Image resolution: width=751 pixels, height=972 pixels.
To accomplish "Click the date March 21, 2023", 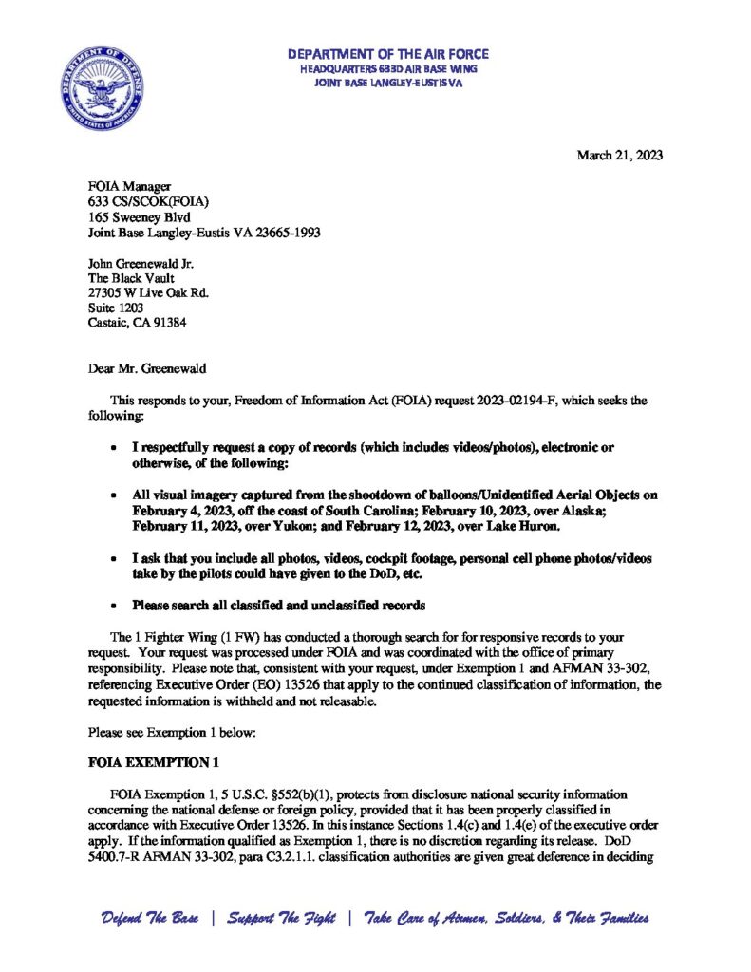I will pyautogui.click(x=619, y=156).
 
